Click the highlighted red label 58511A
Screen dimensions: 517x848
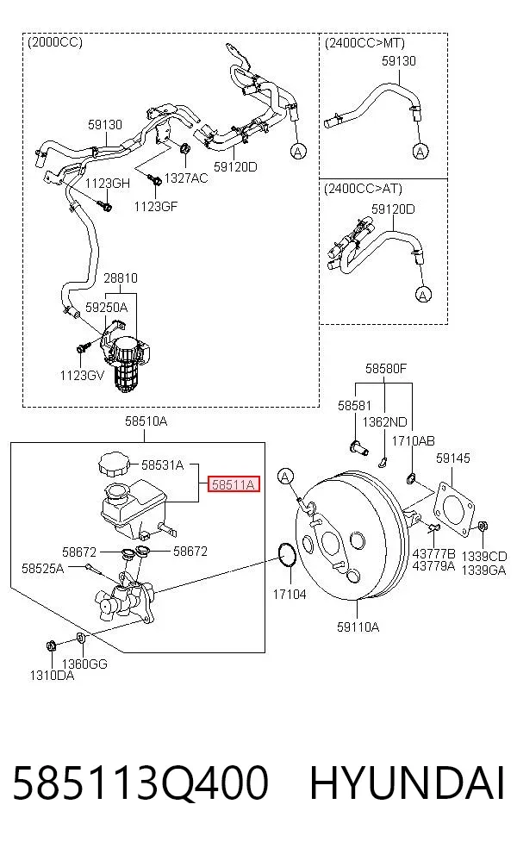pyautogui.click(x=234, y=484)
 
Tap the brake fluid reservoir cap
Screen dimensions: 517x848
pyautogui.click(x=113, y=465)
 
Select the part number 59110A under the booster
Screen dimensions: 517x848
pyautogui.click(x=358, y=627)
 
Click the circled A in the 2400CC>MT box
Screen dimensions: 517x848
pyautogui.click(x=420, y=152)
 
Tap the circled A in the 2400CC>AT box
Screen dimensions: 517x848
pyautogui.click(x=423, y=295)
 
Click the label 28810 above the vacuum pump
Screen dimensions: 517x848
pyautogui.click(x=121, y=278)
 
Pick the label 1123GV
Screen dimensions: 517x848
pyautogui.click(x=82, y=376)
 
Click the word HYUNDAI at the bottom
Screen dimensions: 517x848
pyautogui.click(x=407, y=783)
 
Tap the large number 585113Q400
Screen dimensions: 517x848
pyautogui.click(x=140, y=783)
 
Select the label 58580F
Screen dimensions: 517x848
pyautogui.click(x=385, y=368)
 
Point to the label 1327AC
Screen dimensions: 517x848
pyautogui.click(x=186, y=178)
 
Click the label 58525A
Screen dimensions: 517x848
pyautogui.click(x=43, y=568)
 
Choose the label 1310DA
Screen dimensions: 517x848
pyautogui.click(x=52, y=675)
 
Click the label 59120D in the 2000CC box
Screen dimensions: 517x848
pyautogui.click(x=235, y=166)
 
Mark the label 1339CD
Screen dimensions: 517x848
pyautogui.click(x=484, y=557)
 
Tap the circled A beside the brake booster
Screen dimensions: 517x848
pyautogui.click(x=285, y=477)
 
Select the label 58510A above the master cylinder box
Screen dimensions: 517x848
pyautogui.click(x=146, y=421)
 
